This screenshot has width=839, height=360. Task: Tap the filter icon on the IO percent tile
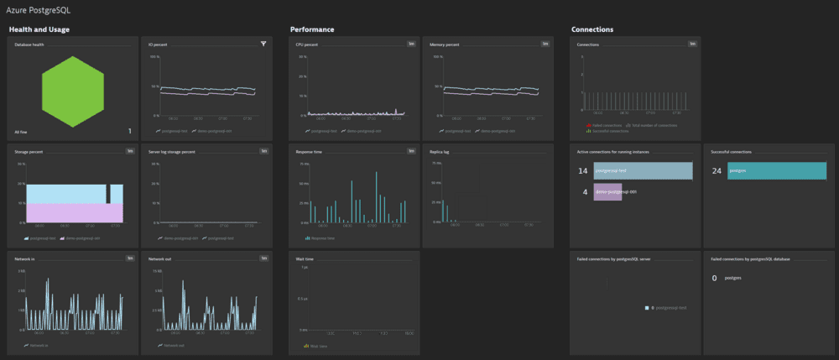click(x=263, y=44)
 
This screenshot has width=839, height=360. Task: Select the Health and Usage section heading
click(x=39, y=29)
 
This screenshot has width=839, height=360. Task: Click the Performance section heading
click(x=312, y=29)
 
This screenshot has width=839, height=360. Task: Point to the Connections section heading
click(x=592, y=29)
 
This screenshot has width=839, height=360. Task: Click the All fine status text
click(x=23, y=132)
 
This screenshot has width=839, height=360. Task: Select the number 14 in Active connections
click(x=582, y=170)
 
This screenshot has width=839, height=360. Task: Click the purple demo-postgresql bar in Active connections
click(x=607, y=191)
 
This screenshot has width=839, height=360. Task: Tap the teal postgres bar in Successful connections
click(x=772, y=170)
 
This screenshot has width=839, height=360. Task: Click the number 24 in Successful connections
click(x=717, y=170)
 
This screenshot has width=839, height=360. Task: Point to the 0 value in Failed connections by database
click(x=714, y=278)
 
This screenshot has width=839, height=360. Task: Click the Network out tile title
click(x=160, y=259)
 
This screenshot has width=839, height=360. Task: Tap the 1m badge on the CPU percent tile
click(x=411, y=44)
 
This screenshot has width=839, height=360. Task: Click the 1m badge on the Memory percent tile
click(x=545, y=44)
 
